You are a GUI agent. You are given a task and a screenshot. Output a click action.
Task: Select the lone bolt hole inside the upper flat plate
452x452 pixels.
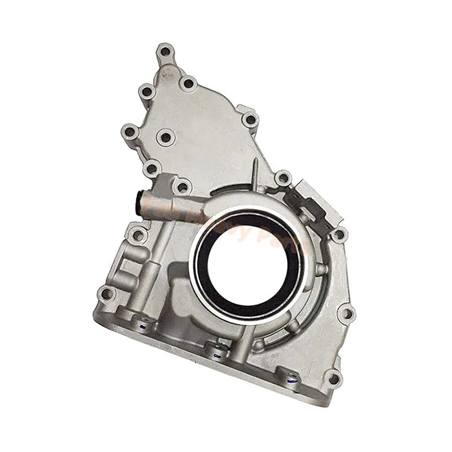coord(165,136)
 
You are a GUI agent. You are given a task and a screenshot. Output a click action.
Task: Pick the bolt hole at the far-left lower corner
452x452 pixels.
coord(106,294)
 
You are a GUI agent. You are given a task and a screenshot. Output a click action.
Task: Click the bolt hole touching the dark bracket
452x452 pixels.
coord(282,179)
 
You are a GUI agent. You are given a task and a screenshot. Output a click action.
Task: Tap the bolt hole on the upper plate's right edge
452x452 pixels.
coord(249,119)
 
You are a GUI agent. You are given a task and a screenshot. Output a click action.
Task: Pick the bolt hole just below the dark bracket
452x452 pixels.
coord(338,233)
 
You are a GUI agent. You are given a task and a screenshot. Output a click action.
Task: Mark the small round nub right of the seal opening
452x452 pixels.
coord(320,270)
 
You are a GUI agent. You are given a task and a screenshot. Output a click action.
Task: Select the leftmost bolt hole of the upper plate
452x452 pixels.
coord(130,132)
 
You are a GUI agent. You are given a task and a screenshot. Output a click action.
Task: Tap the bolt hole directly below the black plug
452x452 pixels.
coord(137,234)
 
